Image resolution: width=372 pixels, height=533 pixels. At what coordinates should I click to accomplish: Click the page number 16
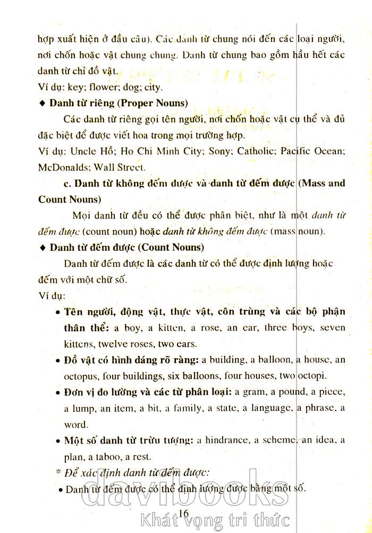tap(184, 512)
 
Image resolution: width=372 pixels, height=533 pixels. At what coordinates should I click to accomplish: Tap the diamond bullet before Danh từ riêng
tap(43, 103)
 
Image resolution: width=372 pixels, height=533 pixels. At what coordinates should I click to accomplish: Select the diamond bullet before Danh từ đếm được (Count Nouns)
tap(43, 248)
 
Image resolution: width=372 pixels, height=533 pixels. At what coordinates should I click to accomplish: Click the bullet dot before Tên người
tap(57, 312)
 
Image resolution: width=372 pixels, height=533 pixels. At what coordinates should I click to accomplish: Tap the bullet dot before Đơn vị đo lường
tap(57, 393)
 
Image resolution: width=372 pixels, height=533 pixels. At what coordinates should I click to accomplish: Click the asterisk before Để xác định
tap(59, 471)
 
